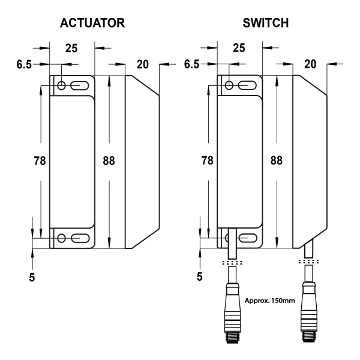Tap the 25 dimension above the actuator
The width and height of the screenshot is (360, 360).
point(71,49)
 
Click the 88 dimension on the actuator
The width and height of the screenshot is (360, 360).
point(109,160)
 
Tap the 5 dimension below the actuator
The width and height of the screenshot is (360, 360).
point(32,277)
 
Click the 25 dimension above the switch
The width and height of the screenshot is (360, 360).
point(239,49)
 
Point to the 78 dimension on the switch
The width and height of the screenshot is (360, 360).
point(207,160)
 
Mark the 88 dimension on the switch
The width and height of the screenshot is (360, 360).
point(276,160)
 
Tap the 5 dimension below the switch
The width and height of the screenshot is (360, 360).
point(201,277)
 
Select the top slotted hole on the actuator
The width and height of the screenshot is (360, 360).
point(79,86)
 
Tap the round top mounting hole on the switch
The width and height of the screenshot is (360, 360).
point(230,86)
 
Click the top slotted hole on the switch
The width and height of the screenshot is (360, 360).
point(247,86)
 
